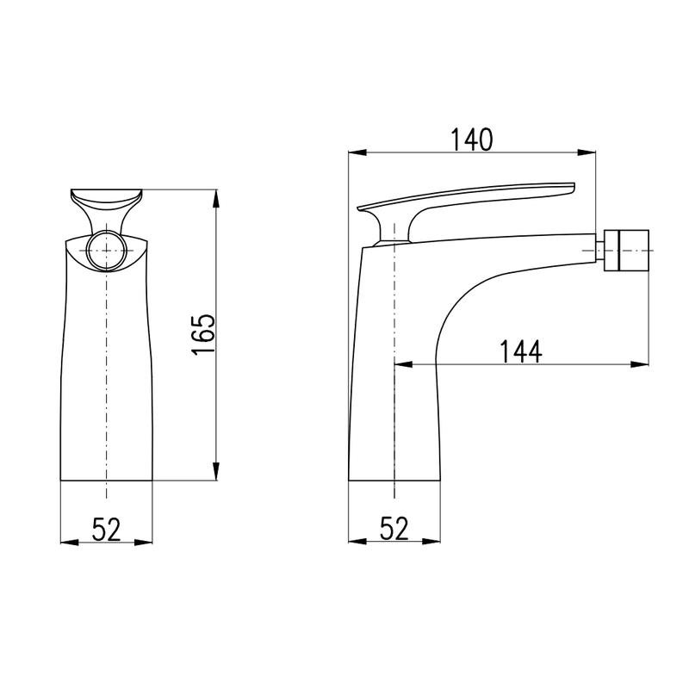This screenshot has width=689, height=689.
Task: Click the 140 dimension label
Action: pos(472,140)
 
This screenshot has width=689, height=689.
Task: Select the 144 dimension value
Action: pos(521,351)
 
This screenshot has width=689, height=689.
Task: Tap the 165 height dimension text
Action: pos(203,334)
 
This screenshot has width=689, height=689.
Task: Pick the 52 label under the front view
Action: pos(106,529)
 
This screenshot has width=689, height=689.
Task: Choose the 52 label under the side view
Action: pos(394,528)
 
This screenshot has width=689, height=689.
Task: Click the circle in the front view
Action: pos(106,251)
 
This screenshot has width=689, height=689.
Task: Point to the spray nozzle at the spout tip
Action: pos(627,250)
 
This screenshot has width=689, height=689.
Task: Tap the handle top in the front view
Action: pos(106,199)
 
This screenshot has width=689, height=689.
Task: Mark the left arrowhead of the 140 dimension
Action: pos(357,152)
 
